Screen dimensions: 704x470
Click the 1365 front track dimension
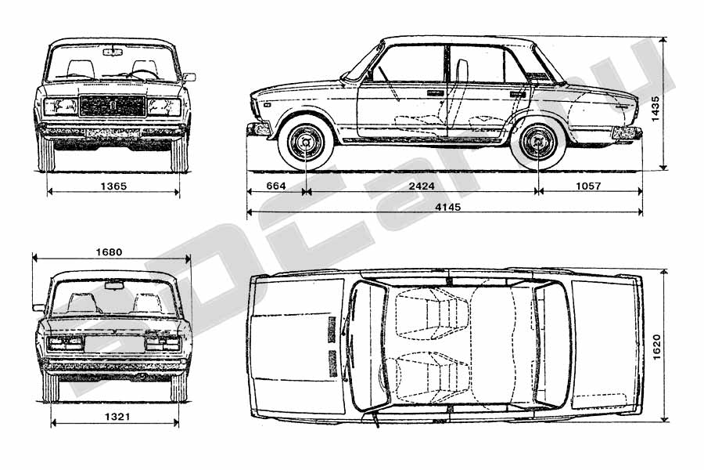[x=113, y=186]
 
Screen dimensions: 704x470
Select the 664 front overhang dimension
[x=275, y=186]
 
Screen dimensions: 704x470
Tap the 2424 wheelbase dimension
[x=422, y=186]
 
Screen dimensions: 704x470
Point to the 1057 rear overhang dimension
[x=588, y=186]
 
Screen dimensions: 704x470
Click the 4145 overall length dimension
[x=448, y=207]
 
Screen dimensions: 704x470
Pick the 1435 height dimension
[x=655, y=108]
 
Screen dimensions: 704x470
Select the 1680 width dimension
[x=109, y=252]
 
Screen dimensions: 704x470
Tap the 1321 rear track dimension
[x=117, y=417]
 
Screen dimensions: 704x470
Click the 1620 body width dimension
[x=656, y=347]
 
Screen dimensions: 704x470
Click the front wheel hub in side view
[x=306, y=143]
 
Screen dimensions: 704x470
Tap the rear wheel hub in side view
[x=537, y=143]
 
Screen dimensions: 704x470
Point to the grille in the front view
[x=113, y=106]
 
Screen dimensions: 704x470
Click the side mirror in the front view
[x=189, y=77]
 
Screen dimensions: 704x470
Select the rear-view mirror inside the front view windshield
[x=112, y=52]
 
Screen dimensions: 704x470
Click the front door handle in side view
[x=435, y=93]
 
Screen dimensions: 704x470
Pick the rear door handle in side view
[x=518, y=95]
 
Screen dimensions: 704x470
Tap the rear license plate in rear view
[x=114, y=344]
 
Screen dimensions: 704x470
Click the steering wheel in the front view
[x=144, y=74]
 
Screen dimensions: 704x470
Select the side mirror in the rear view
[x=38, y=308]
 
